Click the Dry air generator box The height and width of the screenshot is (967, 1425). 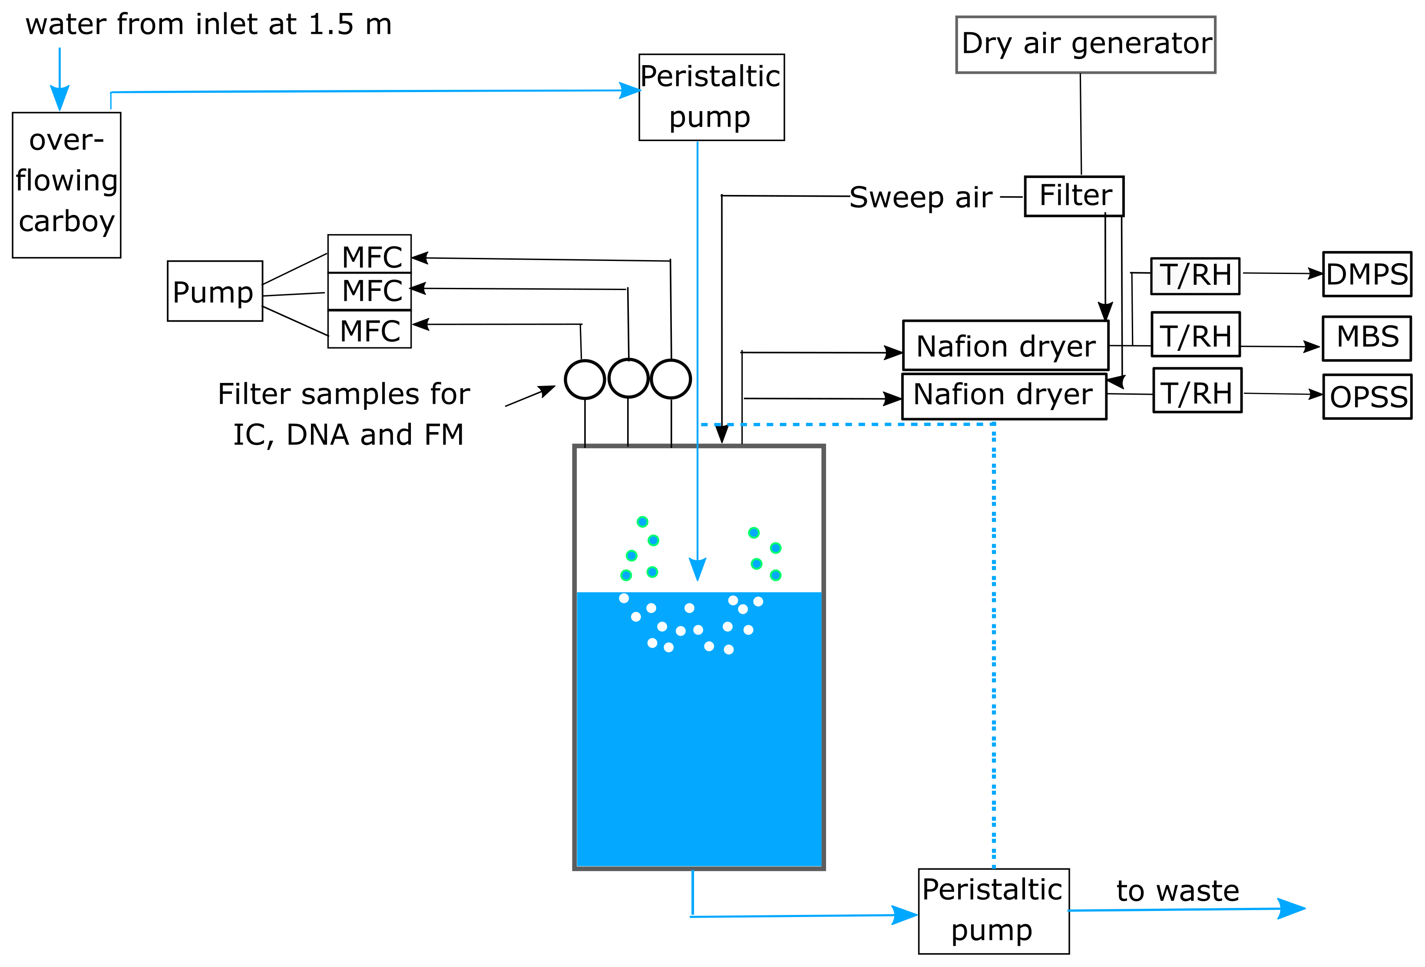(1085, 45)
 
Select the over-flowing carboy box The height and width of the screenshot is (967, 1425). (66, 185)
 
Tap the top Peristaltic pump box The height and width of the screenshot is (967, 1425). (711, 97)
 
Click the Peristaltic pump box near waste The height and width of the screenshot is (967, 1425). (993, 911)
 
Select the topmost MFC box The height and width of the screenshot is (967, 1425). (369, 254)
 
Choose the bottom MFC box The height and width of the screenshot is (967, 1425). (369, 330)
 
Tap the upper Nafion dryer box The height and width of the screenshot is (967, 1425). (1005, 345)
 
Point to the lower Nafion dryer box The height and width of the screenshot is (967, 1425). (1004, 396)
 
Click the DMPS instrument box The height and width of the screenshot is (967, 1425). (1367, 274)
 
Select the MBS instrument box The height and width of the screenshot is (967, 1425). (1367, 338)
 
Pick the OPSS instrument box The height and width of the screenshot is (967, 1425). (1367, 397)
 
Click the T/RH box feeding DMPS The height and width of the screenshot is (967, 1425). (1195, 276)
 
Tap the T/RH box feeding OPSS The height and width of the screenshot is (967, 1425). (1197, 391)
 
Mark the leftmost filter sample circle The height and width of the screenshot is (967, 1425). (585, 379)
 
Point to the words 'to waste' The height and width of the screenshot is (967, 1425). (1177, 890)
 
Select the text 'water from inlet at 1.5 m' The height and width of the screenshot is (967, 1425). (208, 24)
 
